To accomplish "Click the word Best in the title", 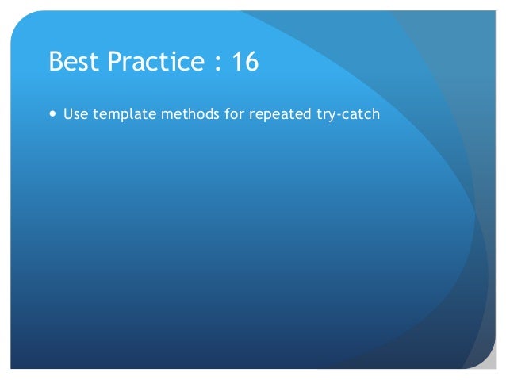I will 72,62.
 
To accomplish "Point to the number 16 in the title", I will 244,62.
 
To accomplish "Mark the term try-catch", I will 348,114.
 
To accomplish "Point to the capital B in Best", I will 56,62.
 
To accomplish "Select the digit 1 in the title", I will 236,62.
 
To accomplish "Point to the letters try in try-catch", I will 328,114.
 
